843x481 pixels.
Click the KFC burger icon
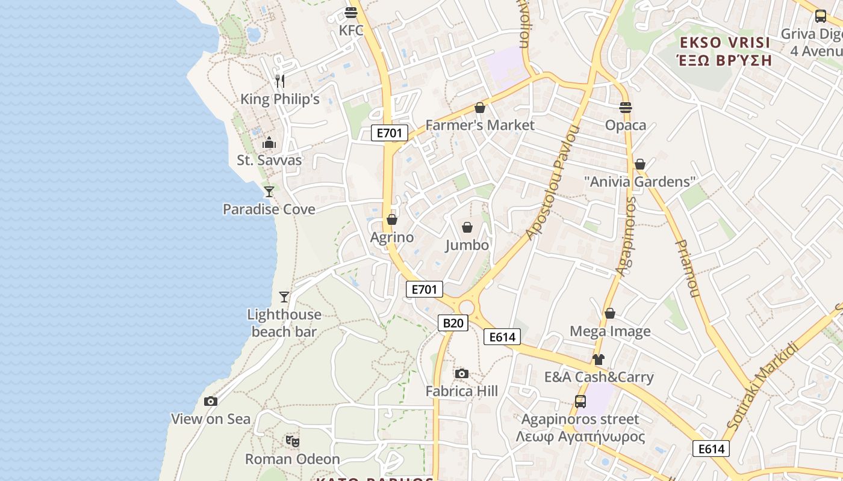[x=351, y=12]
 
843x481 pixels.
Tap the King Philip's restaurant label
[x=280, y=99]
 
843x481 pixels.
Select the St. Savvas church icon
[x=269, y=142]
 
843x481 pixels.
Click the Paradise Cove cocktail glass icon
[x=269, y=192]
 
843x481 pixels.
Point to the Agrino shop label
[x=392, y=237]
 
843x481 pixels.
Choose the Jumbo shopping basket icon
[x=467, y=227]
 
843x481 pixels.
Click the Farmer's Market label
[x=480, y=125]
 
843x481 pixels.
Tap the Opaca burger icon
[x=626, y=108]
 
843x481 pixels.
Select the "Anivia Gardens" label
[x=639, y=182]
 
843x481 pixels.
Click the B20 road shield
[x=453, y=323]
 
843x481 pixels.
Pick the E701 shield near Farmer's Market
[x=389, y=133]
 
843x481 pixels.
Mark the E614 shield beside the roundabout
[x=502, y=337]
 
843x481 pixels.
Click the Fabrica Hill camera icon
[x=462, y=374]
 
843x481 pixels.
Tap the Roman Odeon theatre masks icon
[x=293, y=442]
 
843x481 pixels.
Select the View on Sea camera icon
[x=211, y=402]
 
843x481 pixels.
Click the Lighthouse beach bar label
[x=284, y=323]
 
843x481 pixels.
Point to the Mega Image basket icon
[x=610, y=313]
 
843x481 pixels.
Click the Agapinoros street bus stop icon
[x=580, y=402]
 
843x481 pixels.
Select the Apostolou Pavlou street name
[x=552, y=183]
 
